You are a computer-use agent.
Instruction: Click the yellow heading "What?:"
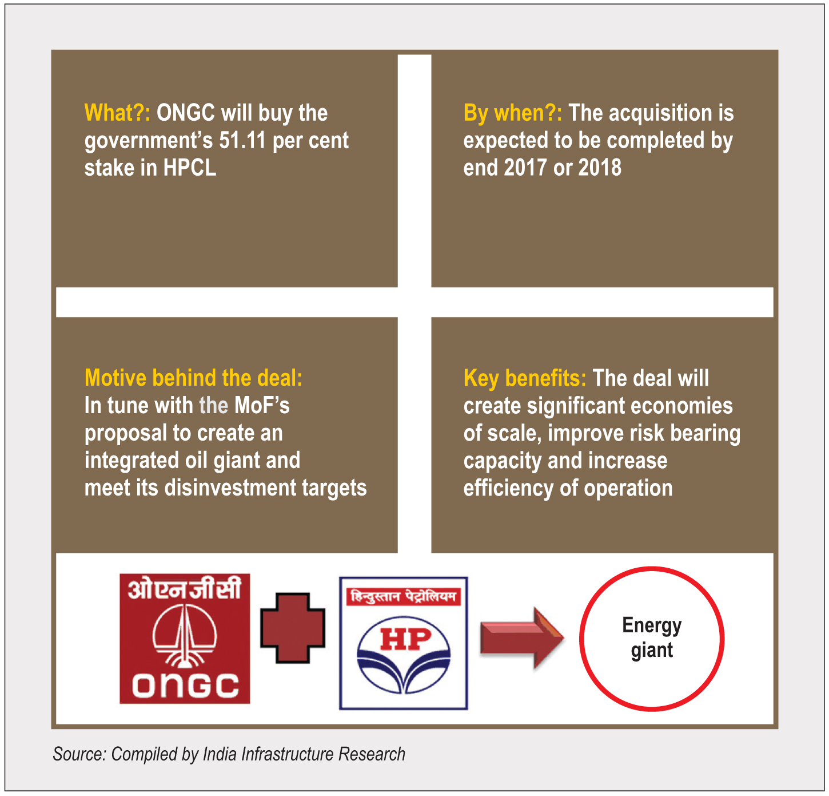117,113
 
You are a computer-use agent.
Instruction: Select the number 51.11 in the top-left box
242,140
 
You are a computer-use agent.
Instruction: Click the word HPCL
190,168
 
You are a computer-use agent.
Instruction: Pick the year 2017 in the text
525,168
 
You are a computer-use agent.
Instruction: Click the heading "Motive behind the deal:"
193,378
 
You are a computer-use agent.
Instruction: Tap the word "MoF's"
262,405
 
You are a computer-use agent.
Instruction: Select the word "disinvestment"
230,488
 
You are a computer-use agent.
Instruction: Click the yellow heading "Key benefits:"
525,379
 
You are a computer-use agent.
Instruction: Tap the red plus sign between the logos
293,628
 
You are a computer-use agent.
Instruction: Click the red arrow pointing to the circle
523,638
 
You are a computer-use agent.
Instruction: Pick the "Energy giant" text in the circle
652,638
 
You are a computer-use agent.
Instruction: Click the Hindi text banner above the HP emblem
404,596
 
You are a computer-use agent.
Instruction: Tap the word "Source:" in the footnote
79,754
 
